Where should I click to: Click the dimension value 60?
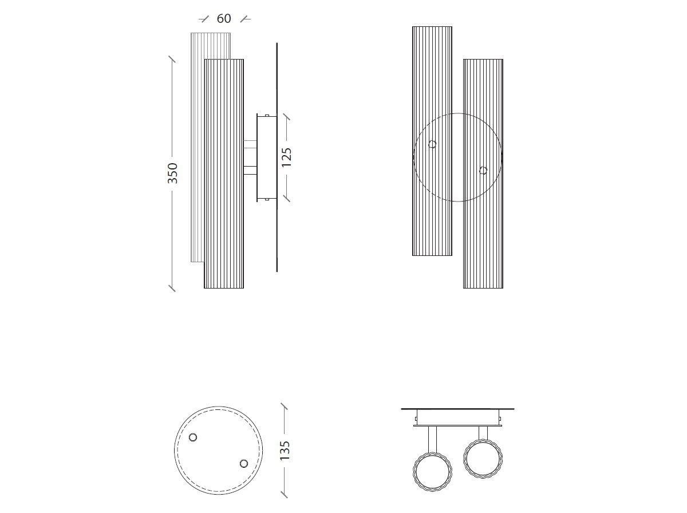coord(224,19)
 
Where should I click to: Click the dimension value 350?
coord(172,173)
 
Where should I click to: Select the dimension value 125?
coord(287,157)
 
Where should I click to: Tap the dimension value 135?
coord(285,450)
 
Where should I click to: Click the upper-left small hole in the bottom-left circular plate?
coord(193,437)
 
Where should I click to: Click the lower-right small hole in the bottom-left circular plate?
coord(244,463)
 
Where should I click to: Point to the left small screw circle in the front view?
coord(432,144)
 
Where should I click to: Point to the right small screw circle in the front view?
coord(483,171)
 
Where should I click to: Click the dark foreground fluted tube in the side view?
coord(224,229)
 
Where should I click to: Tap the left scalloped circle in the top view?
coord(432,472)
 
